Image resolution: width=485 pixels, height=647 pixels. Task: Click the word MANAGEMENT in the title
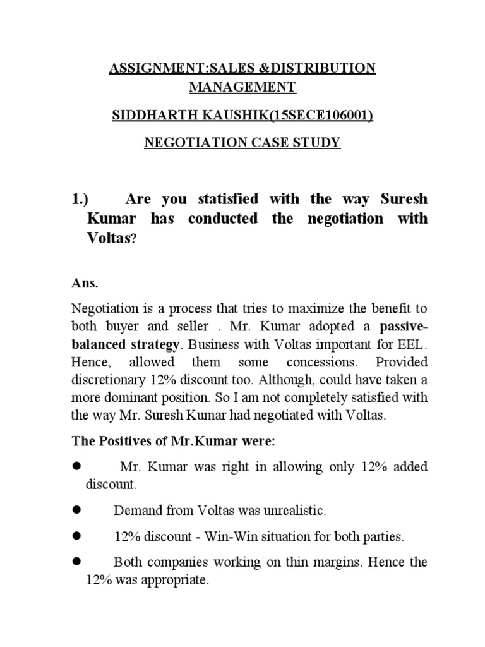coord(242,87)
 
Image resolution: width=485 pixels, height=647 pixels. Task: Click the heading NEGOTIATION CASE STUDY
coord(242,143)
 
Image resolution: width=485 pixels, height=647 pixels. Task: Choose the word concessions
coord(316,363)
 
